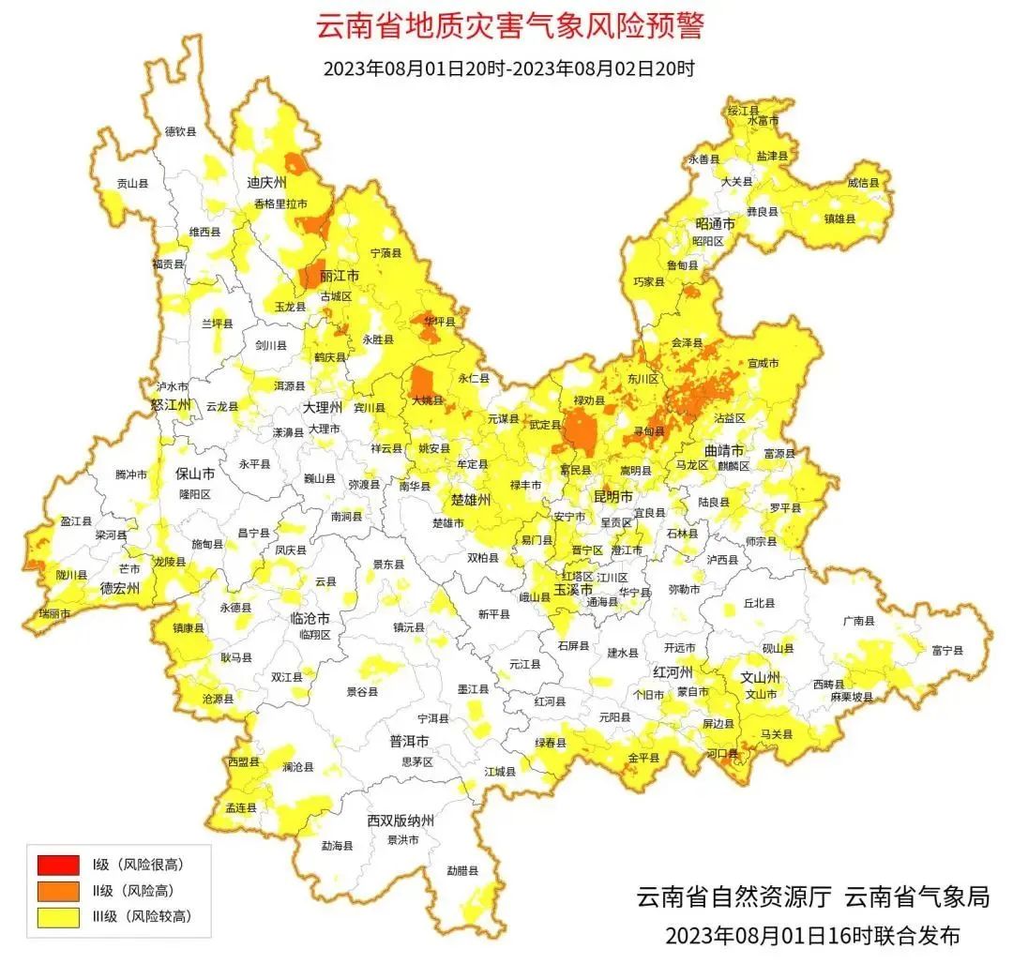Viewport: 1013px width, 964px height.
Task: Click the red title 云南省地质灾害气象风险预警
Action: click(507, 27)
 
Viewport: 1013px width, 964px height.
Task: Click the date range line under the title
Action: click(507, 68)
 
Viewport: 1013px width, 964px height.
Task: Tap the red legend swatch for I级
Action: click(57, 864)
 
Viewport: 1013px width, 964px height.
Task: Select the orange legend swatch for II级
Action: click(57, 890)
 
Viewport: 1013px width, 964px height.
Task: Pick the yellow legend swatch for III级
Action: click(57, 916)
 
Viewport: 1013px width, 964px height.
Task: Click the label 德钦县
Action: click(180, 132)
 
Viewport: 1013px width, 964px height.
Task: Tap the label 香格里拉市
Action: click(280, 203)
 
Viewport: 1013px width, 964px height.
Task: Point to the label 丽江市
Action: click(339, 277)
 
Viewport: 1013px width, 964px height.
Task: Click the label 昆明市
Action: click(612, 494)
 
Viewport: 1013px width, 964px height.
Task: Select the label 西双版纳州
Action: click(401, 821)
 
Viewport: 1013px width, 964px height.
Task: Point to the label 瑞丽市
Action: click(53, 612)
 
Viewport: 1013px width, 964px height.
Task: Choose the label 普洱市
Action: click(409, 741)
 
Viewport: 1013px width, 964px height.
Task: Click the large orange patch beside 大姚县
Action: click(423, 384)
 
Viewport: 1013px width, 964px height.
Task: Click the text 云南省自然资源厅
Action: click(733, 896)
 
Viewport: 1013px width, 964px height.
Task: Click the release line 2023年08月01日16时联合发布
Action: click(812, 935)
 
